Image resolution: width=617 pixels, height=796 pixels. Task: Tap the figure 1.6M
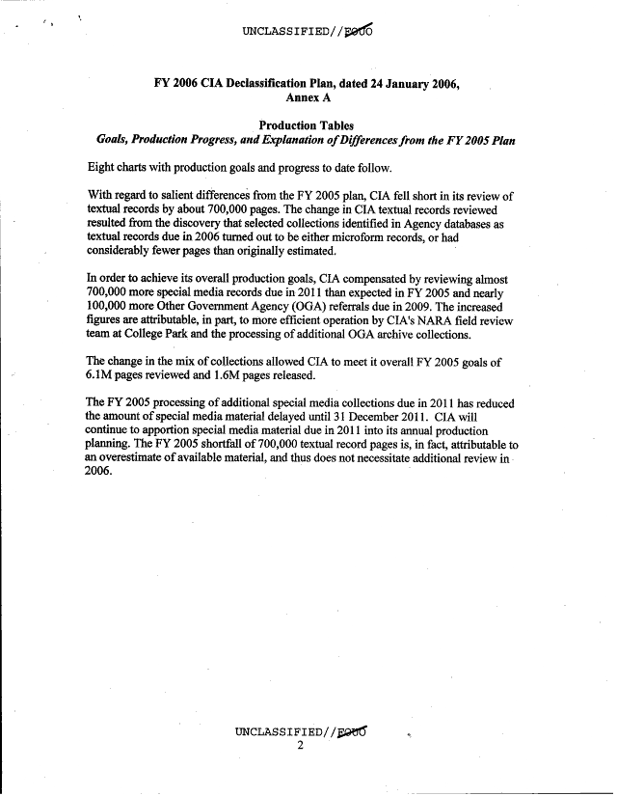tap(253, 374)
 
